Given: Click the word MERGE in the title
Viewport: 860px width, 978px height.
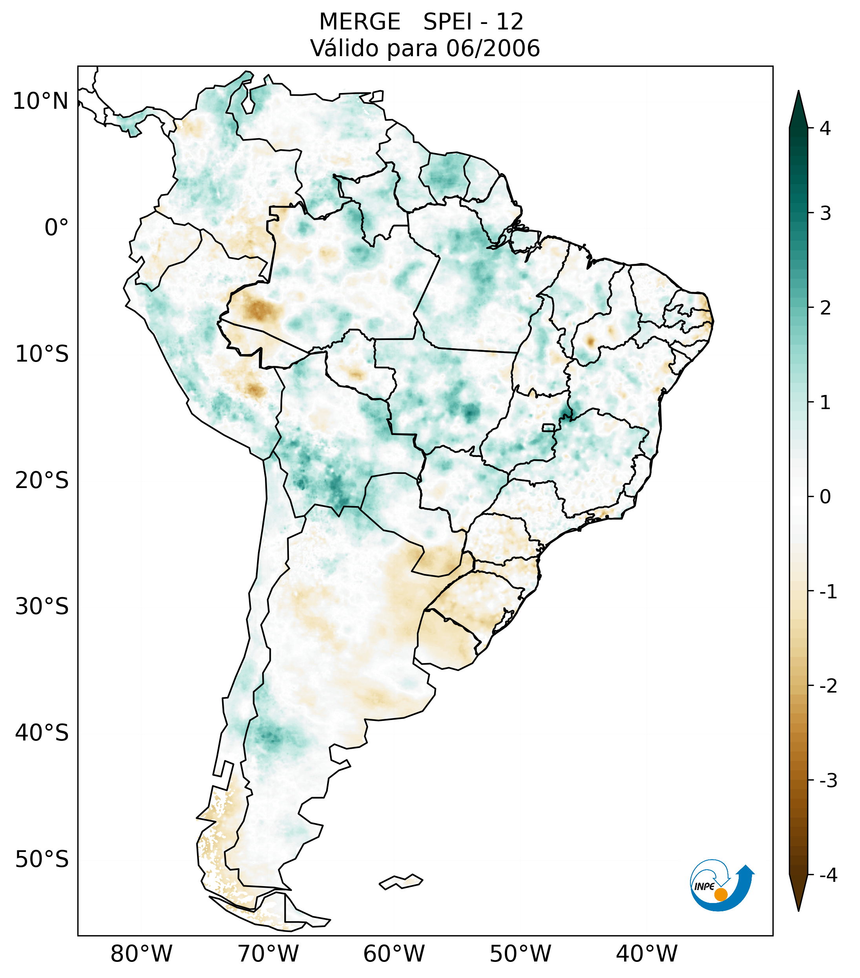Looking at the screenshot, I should [359, 22].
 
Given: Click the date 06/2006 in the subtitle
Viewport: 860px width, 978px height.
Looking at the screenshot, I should [493, 48].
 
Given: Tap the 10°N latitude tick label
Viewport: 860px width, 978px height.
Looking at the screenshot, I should [40, 101].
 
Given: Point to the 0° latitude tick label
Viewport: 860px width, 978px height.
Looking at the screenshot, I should [56, 228].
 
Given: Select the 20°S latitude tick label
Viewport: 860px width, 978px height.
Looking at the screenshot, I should [42, 481].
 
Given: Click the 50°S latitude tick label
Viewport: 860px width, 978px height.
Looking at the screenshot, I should [42, 860].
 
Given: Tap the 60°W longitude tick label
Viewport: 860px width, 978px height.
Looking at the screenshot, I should [394, 954].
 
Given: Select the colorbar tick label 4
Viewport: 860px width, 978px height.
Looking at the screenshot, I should [825, 128].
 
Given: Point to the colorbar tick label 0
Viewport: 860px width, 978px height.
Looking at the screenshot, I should [825, 497].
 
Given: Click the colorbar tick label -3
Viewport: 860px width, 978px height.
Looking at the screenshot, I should [828, 781].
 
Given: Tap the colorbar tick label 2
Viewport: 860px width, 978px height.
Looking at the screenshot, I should [825, 308].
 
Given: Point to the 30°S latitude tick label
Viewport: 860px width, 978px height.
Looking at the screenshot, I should [42, 607].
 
